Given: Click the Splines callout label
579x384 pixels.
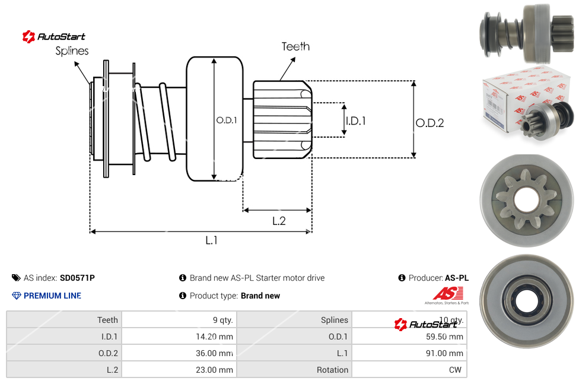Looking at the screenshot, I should [72, 51].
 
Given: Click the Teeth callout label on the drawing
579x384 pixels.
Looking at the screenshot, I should [295, 46].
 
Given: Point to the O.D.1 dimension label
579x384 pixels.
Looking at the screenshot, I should [227, 120].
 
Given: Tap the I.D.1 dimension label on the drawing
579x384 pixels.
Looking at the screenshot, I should [355, 120].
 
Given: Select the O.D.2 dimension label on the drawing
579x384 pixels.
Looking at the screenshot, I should [430, 123].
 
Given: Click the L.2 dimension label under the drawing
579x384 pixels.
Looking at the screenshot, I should [279, 221].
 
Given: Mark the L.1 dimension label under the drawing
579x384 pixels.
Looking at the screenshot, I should [212, 240].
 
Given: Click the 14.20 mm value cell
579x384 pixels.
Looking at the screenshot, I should [215, 337].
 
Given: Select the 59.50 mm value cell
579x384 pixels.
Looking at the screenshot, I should [445, 337].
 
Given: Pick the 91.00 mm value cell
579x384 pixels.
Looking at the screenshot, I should [445, 353].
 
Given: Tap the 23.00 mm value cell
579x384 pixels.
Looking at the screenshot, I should [215, 370].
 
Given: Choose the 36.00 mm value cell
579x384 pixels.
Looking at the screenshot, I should [215, 353].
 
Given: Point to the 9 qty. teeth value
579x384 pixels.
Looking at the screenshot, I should [222, 320].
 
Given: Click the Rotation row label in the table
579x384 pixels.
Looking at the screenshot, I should [332, 370].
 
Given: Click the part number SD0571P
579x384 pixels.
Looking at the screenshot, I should [77, 278].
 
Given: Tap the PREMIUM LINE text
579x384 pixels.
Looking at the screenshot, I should [52, 296].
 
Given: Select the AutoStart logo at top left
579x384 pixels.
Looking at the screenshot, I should [54, 37].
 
